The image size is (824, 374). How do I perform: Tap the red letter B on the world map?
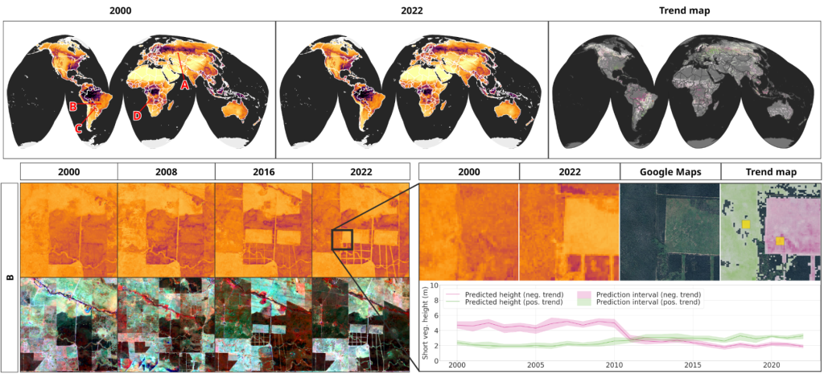[x=73, y=107]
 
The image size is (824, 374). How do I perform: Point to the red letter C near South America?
[x=79, y=128]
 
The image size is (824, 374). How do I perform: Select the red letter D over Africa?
[x=136, y=116]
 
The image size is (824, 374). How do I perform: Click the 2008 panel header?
[x=167, y=171]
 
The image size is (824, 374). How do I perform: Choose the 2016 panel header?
[x=263, y=171]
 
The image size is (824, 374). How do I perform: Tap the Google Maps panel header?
[x=669, y=171]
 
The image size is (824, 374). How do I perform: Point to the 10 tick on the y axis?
[x=435, y=285]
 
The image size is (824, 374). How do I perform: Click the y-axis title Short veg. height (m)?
[x=426, y=322]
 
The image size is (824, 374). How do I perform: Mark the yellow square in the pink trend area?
[x=780, y=241]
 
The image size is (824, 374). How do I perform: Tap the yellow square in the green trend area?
[x=746, y=223]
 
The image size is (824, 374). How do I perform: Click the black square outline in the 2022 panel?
[x=342, y=240]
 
